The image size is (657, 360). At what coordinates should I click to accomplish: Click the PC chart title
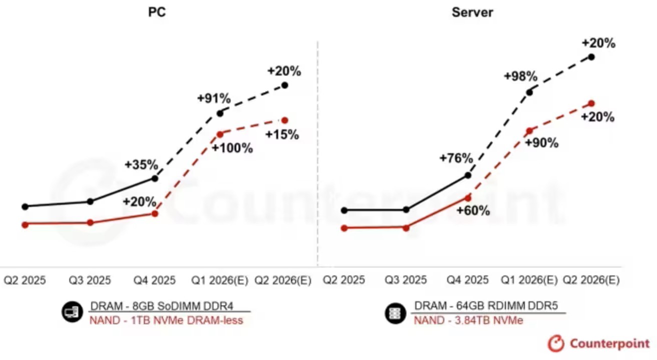156,12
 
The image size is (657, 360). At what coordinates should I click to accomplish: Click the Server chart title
472,12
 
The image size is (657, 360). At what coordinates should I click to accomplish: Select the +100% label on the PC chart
231,148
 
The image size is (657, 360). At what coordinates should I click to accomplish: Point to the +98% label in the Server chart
520,76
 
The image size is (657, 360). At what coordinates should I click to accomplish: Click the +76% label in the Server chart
456,158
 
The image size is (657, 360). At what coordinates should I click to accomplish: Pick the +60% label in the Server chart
473,210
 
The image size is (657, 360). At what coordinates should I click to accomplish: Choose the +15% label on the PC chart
282,134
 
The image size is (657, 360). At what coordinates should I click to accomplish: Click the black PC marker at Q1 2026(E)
220,113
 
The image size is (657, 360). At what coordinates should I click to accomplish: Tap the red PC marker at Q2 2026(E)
285,120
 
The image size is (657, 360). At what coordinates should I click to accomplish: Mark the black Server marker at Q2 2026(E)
591,57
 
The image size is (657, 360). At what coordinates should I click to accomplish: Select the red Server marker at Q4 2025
468,197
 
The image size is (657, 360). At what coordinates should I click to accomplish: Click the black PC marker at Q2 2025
25,206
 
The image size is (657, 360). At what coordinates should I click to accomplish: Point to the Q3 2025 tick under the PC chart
90,280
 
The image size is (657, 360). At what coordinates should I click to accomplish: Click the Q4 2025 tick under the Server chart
468,280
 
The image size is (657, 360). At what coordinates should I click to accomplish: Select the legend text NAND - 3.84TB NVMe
468,320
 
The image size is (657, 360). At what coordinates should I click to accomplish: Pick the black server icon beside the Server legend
394,313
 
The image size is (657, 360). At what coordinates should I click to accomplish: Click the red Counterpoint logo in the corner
556,343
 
